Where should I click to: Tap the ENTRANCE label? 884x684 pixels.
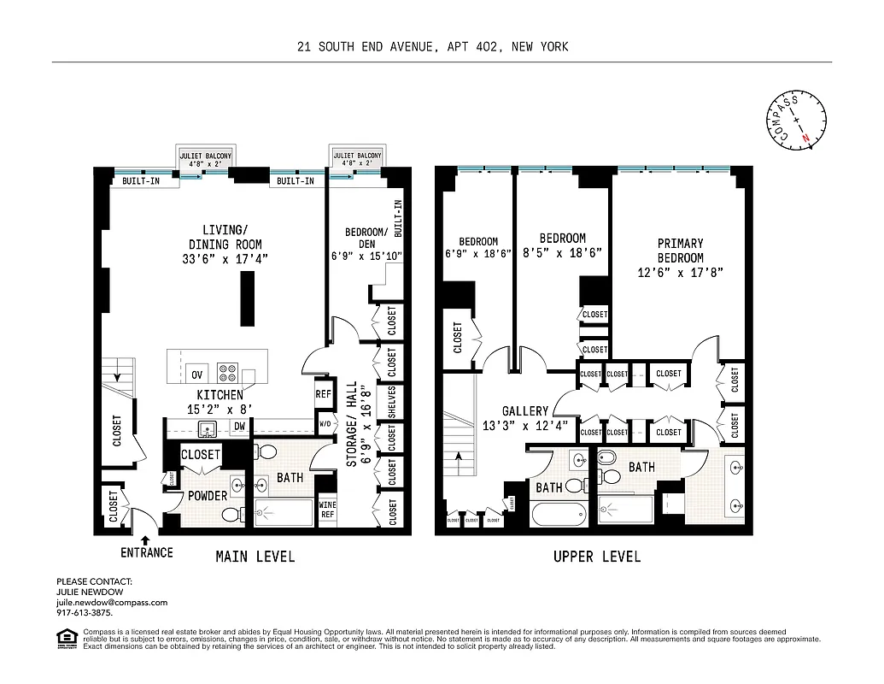click(x=146, y=552)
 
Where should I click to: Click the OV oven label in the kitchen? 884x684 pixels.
click(x=197, y=374)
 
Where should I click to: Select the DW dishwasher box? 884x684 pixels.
click(x=239, y=426)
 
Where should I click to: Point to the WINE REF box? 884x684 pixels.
click(x=326, y=510)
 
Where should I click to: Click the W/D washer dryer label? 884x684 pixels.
click(x=325, y=423)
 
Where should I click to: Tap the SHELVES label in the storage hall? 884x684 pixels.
click(x=392, y=401)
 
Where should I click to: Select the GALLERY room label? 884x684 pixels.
click(x=524, y=411)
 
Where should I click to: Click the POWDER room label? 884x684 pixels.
click(x=208, y=496)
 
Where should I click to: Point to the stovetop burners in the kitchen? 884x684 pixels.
click(x=228, y=373)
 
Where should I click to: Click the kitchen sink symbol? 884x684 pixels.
click(x=208, y=427)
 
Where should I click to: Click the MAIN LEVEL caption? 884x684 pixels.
click(x=255, y=557)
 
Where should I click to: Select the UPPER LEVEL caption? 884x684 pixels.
click(x=596, y=557)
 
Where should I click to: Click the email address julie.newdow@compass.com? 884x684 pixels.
click(x=112, y=602)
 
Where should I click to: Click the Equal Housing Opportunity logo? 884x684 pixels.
click(x=65, y=637)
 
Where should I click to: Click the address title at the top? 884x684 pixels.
click(x=432, y=47)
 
